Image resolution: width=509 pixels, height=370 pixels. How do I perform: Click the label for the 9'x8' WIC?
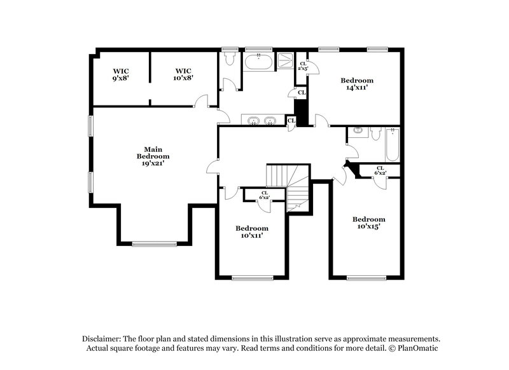[x=121, y=74]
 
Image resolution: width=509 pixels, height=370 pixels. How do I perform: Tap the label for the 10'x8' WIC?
[x=184, y=74]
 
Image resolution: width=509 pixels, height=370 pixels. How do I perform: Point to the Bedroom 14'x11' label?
[x=356, y=84]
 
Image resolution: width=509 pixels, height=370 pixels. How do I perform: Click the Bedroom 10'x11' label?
[x=251, y=231]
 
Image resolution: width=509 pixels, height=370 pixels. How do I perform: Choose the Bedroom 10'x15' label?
[x=369, y=223]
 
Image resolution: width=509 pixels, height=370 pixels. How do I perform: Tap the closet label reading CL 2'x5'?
[x=303, y=66]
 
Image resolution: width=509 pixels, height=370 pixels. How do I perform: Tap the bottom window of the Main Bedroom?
[x=155, y=243]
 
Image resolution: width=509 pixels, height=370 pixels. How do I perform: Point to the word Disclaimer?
[x=102, y=339]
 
